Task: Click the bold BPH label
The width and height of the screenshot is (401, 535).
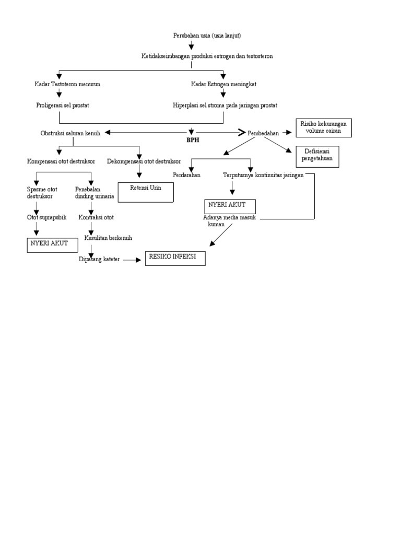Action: click(193, 140)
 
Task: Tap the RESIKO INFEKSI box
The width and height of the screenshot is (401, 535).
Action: click(175, 258)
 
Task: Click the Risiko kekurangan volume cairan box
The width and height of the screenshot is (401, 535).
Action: click(323, 127)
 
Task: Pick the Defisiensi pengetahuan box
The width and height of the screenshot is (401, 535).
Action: click(317, 156)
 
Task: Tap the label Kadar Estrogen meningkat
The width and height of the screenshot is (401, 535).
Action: click(223, 84)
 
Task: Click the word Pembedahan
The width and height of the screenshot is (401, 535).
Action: click(263, 133)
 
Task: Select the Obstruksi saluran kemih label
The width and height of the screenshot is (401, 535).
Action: click(70, 133)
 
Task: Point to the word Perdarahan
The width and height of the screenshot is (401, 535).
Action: click(186, 175)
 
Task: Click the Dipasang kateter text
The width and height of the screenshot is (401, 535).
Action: click(99, 259)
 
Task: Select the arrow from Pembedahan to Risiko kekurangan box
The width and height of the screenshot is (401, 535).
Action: click(287, 133)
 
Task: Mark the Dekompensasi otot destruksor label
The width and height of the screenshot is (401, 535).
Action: click(144, 161)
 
